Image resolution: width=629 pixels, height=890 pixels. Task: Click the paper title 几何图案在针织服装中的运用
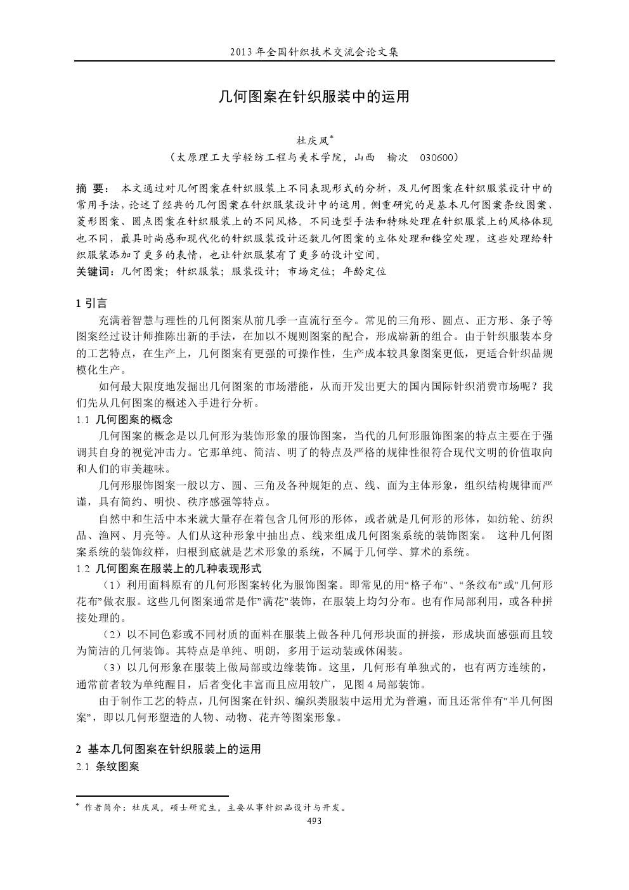314,96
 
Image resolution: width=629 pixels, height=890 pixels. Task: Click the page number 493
314,821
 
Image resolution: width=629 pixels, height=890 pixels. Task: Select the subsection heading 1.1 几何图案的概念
124,419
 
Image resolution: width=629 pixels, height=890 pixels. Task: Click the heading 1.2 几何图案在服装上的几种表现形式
168,568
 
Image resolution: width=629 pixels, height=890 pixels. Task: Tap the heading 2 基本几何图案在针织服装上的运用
168,749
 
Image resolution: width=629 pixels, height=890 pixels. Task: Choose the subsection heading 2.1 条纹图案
107,766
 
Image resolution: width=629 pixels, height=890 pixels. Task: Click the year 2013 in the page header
242,52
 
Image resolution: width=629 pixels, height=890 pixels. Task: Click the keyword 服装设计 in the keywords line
253,271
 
